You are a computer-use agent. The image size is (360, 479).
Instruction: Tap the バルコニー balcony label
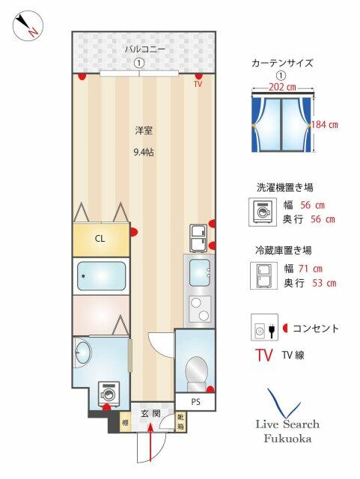(144, 50)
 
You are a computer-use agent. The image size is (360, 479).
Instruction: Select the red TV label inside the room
(198, 84)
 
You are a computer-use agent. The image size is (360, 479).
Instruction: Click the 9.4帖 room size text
(144, 152)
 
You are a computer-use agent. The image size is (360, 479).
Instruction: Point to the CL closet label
(100, 239)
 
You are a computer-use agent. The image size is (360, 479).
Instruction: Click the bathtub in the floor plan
(102, 276)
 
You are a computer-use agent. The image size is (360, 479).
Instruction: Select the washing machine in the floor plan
(108, 394)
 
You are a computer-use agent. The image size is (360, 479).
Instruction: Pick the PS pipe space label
(195, 402)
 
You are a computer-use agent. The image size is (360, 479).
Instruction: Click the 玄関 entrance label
(150, 414)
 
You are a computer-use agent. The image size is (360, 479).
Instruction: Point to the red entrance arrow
(150, 442)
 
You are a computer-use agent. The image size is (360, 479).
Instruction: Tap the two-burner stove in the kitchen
(200, 309)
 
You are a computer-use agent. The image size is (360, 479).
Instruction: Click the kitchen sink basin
(200, 272)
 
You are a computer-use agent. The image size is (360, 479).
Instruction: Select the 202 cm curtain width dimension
(282, 88)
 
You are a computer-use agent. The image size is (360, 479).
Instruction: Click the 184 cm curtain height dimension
(325, 125)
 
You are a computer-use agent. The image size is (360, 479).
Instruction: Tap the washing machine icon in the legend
(263, 212)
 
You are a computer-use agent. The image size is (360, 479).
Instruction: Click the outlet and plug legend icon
(265, 327)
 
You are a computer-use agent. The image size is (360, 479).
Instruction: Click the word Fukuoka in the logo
(287, 439)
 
